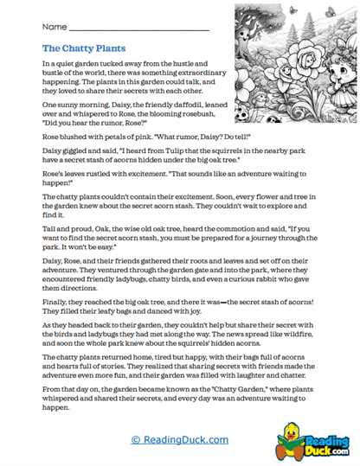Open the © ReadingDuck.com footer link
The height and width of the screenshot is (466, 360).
[x=180, y=439]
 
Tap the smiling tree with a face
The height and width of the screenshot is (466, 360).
[x=260, y=35]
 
